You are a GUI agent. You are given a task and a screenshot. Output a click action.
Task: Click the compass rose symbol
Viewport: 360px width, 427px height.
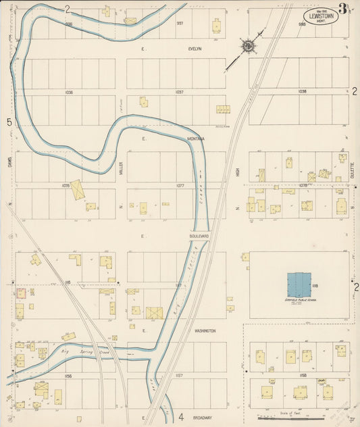click(x=249, y=46)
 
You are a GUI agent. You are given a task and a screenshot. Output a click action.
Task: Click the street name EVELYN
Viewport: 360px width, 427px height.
click(x=195, y=49)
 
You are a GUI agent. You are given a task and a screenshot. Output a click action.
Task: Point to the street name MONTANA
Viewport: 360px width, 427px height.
click(x=197, y=139)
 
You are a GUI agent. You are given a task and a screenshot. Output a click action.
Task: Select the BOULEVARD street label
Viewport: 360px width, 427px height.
click(x=199, y=236)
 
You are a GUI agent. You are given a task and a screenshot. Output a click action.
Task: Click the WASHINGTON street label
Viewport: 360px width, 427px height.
click(x=205, y=331)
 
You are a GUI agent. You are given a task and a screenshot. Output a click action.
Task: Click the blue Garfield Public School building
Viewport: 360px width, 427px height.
click(x=299, y=284)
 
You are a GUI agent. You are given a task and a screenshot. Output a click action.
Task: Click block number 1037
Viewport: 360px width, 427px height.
click(x=179, y=91)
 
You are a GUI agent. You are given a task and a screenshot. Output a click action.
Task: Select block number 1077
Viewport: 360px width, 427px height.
click(x=180, y=185)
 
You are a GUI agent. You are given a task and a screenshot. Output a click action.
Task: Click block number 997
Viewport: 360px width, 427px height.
click(x=180, y=23)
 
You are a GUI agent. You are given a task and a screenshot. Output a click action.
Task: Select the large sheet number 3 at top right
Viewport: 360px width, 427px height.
click(x=344, y=9)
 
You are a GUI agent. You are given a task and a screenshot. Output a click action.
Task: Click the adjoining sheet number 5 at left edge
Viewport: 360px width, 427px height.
click(x=9, y=122)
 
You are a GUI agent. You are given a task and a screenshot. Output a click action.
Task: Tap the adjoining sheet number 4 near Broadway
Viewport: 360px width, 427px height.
click(x=181, y=417)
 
